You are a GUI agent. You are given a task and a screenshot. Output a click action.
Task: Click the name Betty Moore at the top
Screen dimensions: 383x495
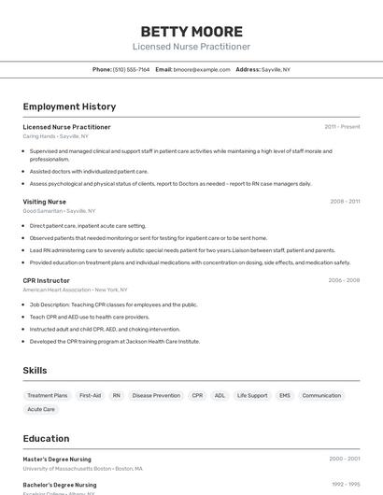click(x=191, y=31)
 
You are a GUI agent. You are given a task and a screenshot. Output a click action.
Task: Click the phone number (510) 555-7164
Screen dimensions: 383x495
click(x=131, y=69)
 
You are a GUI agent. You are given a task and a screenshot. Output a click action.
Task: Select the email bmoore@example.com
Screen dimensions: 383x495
click(x=202, y=69)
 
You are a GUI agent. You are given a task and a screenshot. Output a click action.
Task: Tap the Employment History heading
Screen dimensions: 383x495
click(x=69, y=106)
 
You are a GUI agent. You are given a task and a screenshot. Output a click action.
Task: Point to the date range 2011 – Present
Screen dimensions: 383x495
click(x=342, y=127)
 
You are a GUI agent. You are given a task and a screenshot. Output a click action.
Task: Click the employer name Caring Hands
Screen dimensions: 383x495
click(x=39, y=136)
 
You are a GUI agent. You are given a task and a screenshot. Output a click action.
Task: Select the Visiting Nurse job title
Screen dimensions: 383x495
click(x=45, y=202)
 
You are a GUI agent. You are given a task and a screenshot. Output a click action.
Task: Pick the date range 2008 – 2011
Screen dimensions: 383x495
click(x=345, y=202)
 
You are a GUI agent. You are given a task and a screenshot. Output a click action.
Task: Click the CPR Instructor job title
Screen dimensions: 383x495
click(x=47, y=280)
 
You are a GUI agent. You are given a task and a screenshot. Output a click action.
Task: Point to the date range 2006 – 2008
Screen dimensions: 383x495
click(x=344, y=280)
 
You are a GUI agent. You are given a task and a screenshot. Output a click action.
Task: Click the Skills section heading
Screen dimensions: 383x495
click(x=35, y=371)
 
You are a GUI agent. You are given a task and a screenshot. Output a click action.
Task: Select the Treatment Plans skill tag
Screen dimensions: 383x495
click(x=48, y=395)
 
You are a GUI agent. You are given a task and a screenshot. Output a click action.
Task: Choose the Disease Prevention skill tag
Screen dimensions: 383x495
click(x=156, y=395)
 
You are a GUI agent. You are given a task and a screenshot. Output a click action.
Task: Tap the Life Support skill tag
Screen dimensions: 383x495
click(x=252, y=395)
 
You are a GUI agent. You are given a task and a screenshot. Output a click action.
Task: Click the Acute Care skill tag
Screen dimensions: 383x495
click(x=41, y=409)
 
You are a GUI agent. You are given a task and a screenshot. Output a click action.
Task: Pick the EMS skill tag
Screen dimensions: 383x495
click(x=285, y=395)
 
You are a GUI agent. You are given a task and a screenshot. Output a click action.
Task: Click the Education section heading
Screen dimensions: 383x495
click(x=46, y=439)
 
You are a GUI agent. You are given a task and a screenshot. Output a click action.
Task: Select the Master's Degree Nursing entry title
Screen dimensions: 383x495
click(x=57, y=460)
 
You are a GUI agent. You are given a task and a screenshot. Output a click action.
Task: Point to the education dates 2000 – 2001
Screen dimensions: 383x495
click(x=344, y=460)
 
